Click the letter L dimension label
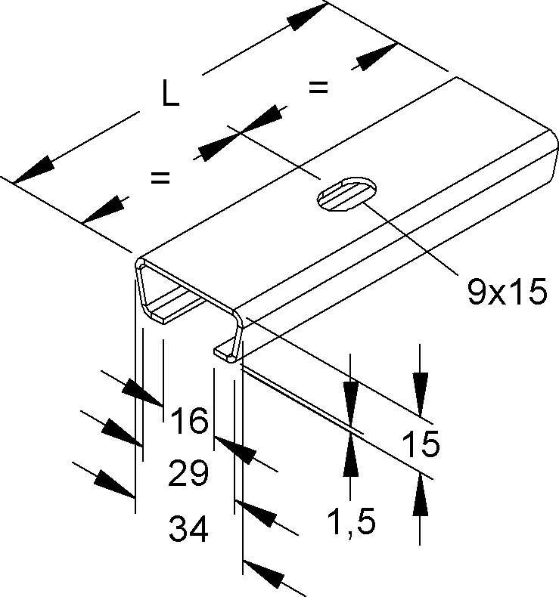(x=171, y=94)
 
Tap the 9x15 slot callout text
(x=506, y=291)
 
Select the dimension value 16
(x=188, y=420)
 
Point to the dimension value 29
(x=188, y=475)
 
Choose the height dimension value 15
(x=421, y=445)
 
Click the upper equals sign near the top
(x=318, y=88)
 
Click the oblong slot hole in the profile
(x=345, y=192)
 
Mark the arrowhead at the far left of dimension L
(x=33, y=171)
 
